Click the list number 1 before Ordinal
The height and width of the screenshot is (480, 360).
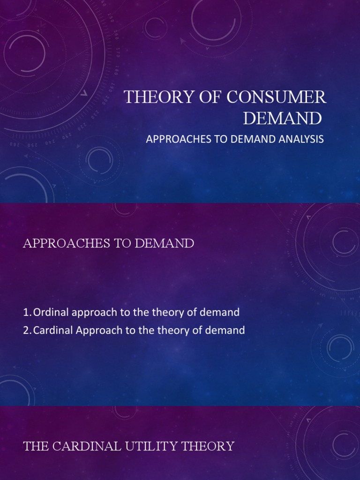(x=26, y=312)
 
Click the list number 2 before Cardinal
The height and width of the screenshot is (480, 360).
(x=26, y=330)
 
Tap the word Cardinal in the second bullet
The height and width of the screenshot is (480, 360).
(x=52, y=330)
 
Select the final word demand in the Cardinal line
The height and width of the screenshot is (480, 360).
(x=227, y=330)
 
